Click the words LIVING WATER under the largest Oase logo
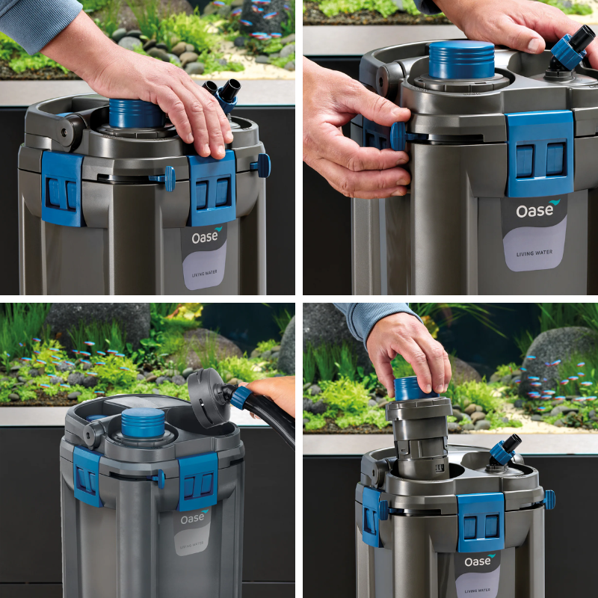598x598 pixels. point(534,253)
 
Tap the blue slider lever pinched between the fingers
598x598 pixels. point(397,136)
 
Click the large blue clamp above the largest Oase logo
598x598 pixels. point(540,154)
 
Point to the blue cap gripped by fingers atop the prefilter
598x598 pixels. point(415,388)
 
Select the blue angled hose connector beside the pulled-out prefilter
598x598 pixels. point(505,451)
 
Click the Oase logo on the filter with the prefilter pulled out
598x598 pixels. point(479,561)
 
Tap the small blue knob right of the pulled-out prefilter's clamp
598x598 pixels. point(549,500)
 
